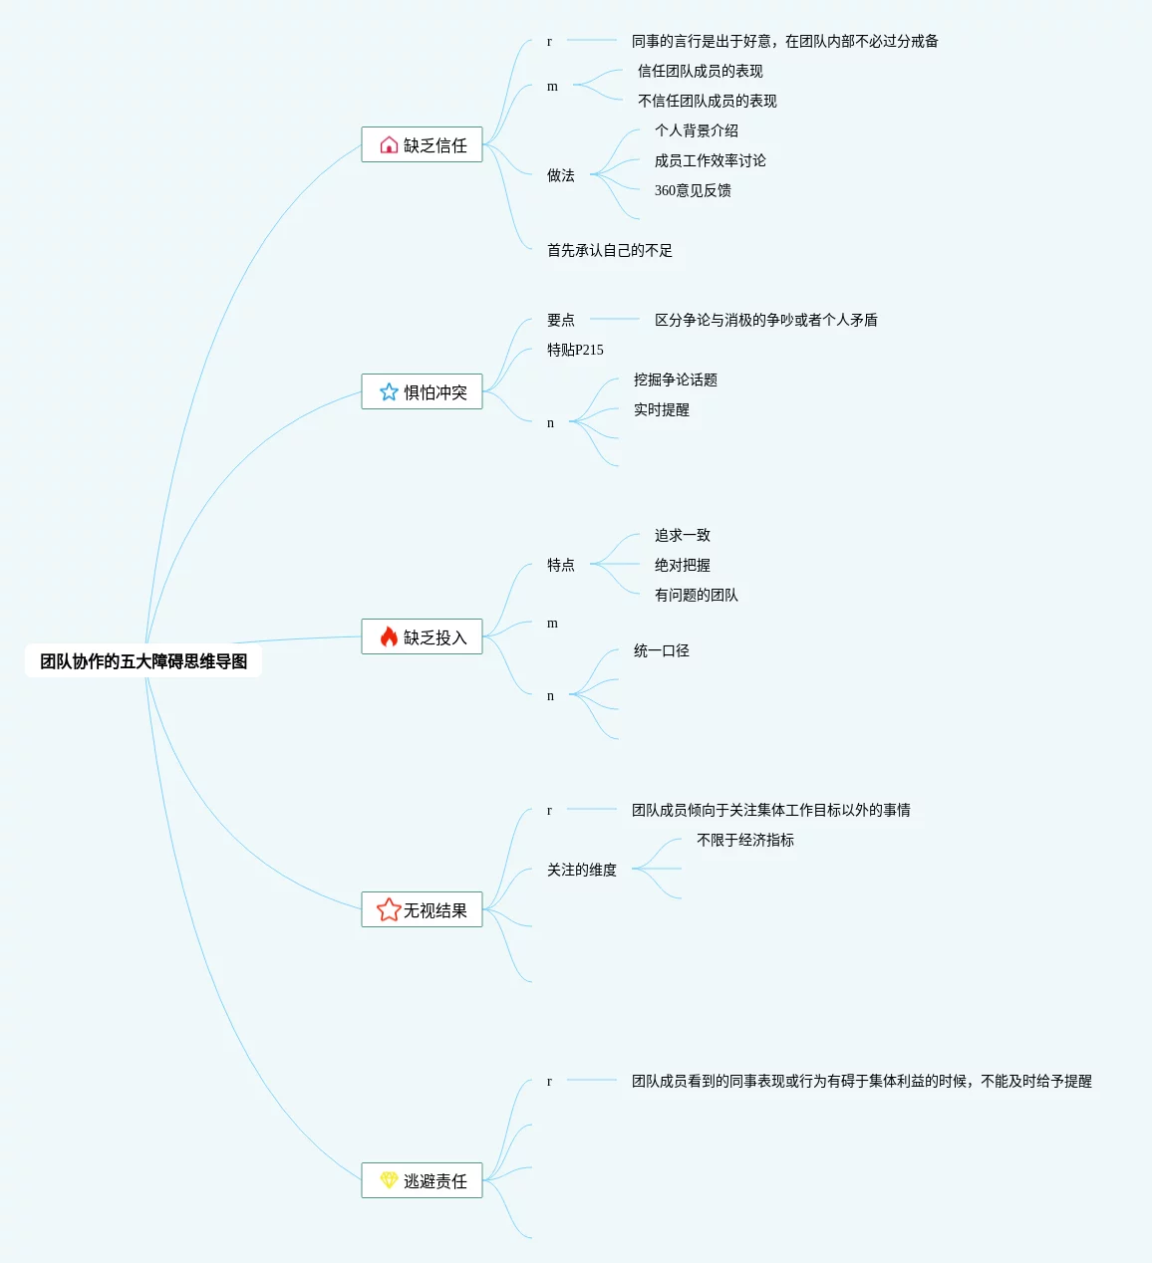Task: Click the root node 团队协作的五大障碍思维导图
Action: [x=144, y=661]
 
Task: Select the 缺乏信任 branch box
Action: [x=423, y=144]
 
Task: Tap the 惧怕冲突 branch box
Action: [x=423, y=391]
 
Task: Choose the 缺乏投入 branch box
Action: [x=423, y=636]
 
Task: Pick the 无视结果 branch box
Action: [x=423, y=909]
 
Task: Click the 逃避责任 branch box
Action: [x=423, y=1180]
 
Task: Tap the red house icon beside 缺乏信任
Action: [x=389, y=145]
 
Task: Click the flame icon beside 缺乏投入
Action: [x=389, y=636]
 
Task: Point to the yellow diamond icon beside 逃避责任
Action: [x=389, y=1180]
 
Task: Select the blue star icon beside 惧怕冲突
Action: [x=389, y=392]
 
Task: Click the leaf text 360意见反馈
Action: [x=693, y=190]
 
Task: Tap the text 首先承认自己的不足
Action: [x=609, y=250]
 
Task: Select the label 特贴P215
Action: [x=575, y=350]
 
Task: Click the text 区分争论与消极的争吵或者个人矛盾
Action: [x=765, y=320]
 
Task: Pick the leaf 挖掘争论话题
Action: [x=675, y=379]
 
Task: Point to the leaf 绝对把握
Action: [x=682, y=565]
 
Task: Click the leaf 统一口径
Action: [x=661, y=650]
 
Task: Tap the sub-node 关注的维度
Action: [x=581, y=870]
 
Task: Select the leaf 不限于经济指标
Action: [x=744, y=840]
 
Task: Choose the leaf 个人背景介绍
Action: [x=696, y=130]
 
